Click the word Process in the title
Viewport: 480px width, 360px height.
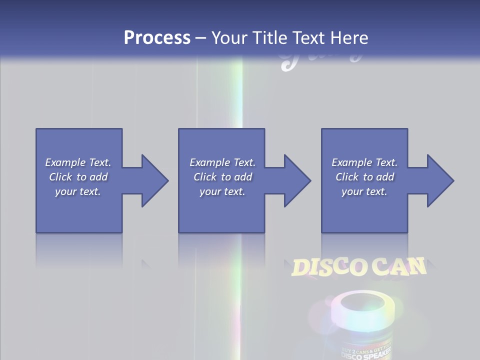157,38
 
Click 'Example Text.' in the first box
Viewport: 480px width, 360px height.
78,162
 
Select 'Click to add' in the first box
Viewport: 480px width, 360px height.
78,177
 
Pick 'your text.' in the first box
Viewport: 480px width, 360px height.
78,191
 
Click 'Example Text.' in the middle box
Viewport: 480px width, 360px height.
222,162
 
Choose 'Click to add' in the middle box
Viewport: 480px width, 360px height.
222,177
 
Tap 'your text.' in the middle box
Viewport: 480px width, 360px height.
222,191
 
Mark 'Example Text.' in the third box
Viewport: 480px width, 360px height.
364,162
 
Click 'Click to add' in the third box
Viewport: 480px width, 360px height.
364,177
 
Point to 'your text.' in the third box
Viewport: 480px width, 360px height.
364,191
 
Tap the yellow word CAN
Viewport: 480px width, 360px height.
398,266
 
